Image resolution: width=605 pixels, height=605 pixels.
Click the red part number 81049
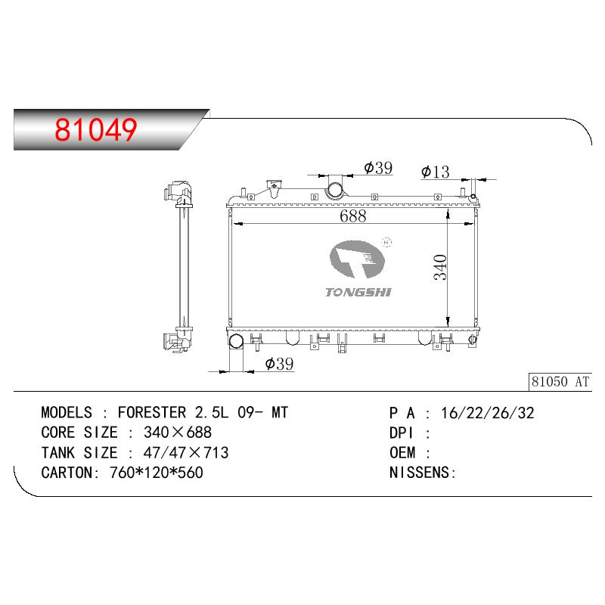96,129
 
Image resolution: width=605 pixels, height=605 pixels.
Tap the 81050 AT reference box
560,382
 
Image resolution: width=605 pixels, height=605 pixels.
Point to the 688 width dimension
352,216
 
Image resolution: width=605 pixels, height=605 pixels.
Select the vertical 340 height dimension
440,267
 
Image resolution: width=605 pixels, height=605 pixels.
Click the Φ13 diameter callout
436,172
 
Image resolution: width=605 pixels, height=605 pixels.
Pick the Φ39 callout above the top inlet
378,168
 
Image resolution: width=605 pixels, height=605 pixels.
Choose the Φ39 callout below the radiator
279,364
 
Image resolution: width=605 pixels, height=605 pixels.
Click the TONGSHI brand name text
358,293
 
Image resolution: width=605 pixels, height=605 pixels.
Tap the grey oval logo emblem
357,259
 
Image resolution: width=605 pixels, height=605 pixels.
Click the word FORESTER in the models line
152,412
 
